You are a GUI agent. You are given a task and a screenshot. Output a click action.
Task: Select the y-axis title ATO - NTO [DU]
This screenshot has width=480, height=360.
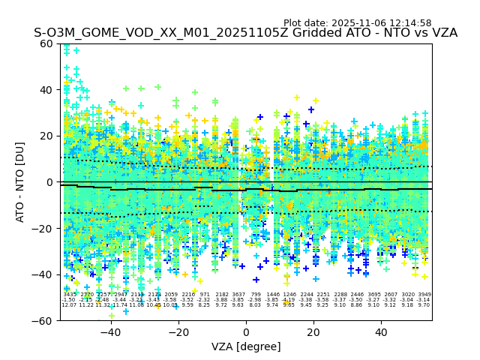(x=21, y=181)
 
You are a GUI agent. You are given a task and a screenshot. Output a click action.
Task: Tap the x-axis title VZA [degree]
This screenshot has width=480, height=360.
(x=246, y=346)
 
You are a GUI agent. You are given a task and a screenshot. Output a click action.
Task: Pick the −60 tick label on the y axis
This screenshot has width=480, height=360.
(x=43, y=321)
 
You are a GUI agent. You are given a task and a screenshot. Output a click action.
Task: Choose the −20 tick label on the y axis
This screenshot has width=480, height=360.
(x=43, y=229)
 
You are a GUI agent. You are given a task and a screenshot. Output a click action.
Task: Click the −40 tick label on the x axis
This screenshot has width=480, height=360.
(x=110, y=332)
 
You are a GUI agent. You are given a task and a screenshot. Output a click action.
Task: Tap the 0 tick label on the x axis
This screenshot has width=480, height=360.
(x=246, y=332)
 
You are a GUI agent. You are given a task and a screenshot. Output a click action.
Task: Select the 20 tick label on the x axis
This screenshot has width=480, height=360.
(x=313, y=332)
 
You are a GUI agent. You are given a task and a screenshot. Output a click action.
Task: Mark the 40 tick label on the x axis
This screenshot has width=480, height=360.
(x=381, y=332)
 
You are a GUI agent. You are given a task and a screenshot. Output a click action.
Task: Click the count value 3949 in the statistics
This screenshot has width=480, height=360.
(x=424, y=295)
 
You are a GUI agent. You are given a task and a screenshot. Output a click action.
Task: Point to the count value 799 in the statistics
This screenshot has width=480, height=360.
(x=256, y=295)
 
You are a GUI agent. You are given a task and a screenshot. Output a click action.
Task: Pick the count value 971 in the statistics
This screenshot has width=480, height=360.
(x=205, y=295)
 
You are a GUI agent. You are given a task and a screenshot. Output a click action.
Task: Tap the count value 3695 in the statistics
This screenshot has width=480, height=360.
(x=373, y=295)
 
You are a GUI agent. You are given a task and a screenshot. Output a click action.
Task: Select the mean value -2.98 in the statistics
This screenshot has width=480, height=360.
(x=256, y=300)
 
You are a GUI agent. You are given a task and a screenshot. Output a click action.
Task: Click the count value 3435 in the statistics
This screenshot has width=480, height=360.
(x=70, y=295)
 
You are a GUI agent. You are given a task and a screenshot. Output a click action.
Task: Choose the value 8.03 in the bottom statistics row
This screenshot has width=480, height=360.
(x=256, y=305)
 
